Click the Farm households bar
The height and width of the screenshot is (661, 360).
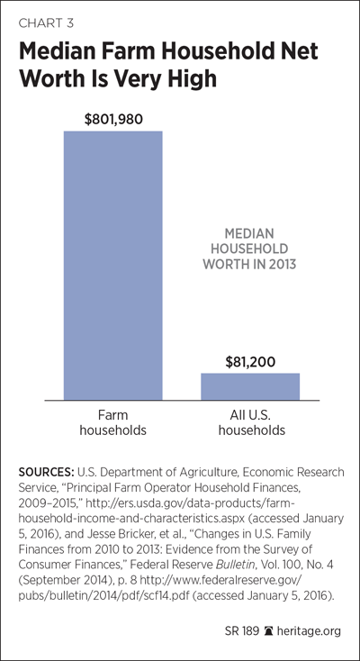coord(113,266)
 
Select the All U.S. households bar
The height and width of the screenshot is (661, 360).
coord(250,386)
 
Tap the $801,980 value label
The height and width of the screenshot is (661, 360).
coord(113,119)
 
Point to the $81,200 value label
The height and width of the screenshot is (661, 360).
coord(250,362)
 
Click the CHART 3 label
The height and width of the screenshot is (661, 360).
coord(46,23)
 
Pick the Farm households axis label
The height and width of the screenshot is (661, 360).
coord(113,423)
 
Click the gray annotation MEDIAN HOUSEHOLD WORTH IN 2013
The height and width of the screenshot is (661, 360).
coord(249,249)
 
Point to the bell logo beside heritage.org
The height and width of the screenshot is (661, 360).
coord(268,631)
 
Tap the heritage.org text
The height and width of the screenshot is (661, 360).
coord(308,631)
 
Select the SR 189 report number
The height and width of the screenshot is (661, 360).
coord(243,631)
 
